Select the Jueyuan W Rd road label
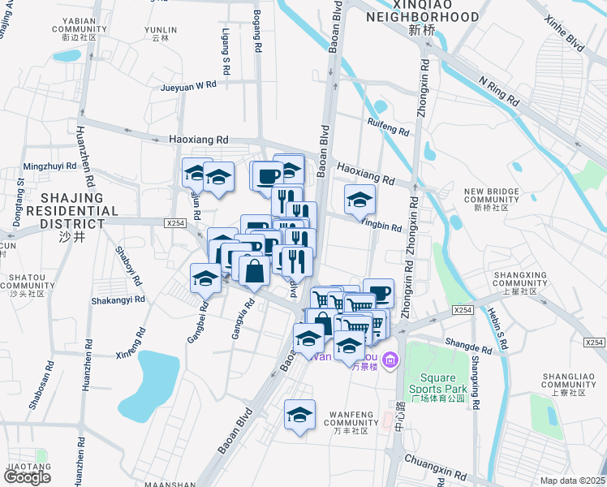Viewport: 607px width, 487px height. pos(188,84)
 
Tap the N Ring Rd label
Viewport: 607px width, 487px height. pos(499,92)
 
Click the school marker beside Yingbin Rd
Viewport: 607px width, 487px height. pos(360,200)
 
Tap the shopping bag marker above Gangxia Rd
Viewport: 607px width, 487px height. pos(254,270)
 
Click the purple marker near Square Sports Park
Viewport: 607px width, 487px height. pos(390,359)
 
